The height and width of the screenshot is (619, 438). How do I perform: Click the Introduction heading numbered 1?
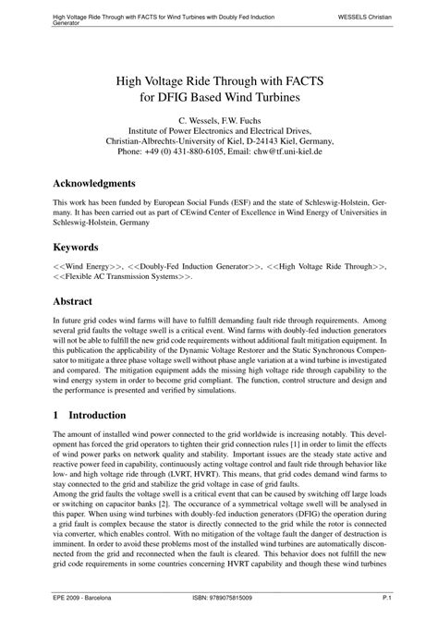tap(96, 416)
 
